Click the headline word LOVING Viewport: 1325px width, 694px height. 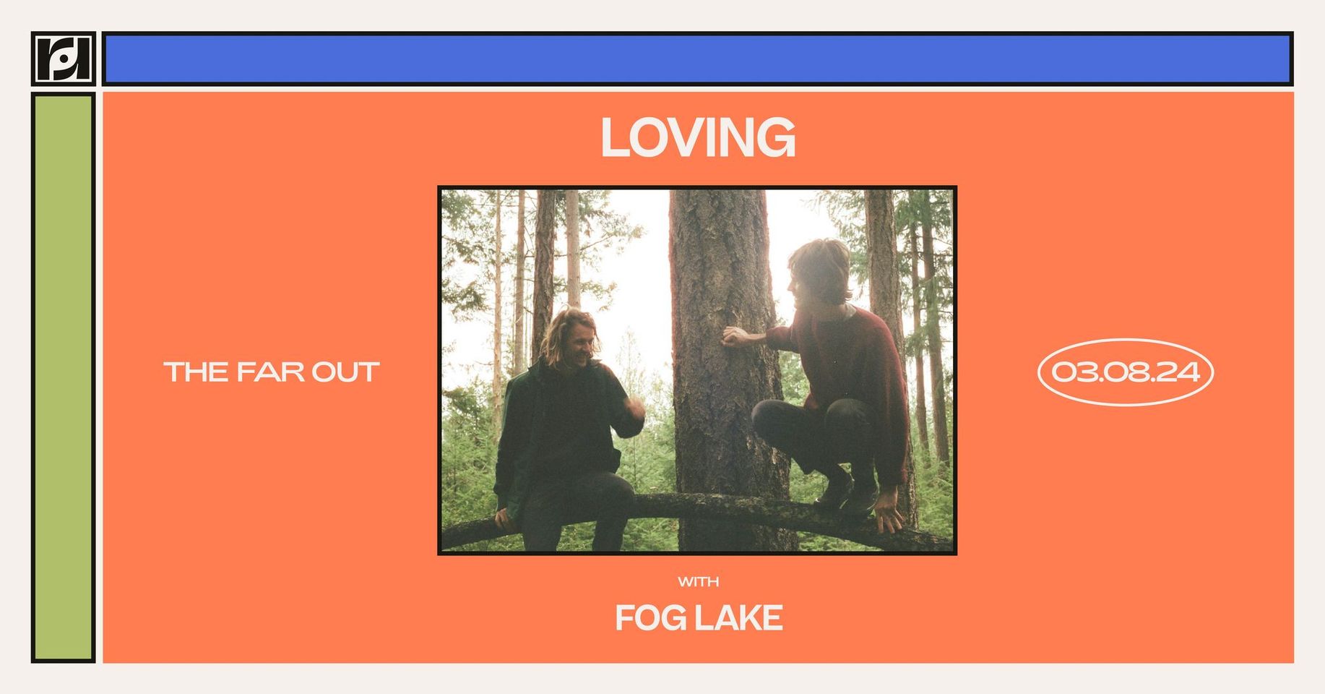pos(698,137)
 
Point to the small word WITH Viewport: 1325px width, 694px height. pos(698,581)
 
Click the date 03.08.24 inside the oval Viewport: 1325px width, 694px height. pos(1126,372)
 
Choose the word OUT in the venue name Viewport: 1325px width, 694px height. pos(345,372)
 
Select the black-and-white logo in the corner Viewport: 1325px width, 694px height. pos(64,59)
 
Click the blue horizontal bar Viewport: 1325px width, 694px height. pos(698,59)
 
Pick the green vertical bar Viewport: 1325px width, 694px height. pos(64,377)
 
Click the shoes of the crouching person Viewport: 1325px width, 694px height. pos(845,492)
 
